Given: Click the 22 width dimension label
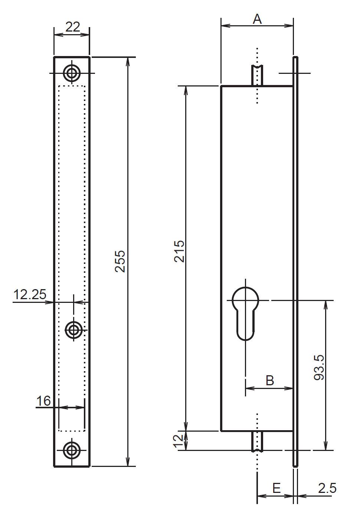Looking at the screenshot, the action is (73, 27).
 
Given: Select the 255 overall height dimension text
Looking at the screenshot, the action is (120, 261).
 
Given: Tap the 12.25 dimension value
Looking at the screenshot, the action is (30, 294).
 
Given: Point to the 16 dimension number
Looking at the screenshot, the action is (43, 401).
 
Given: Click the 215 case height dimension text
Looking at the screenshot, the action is (179, 251).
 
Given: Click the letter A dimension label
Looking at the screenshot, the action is (257, 19).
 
